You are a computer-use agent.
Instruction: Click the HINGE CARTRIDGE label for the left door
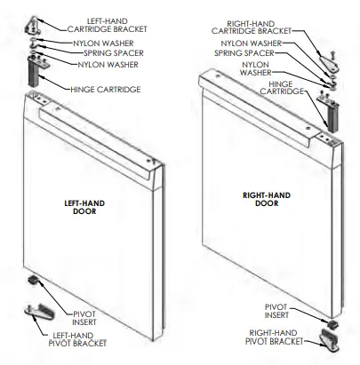tap(102, 89)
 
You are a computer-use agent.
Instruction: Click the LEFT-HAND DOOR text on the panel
tap(86, 206)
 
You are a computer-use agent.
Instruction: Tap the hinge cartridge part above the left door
tap(36, 73)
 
